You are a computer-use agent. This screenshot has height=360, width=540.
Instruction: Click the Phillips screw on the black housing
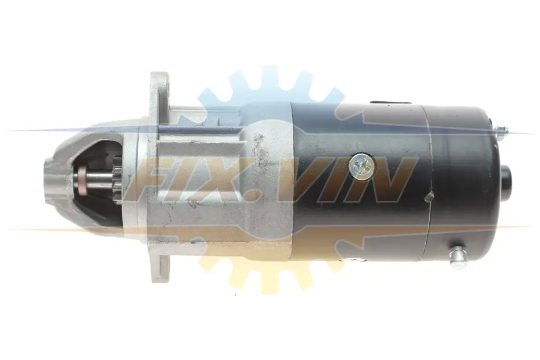pos(362,165)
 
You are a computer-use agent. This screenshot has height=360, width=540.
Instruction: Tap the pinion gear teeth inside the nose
pos(118,180)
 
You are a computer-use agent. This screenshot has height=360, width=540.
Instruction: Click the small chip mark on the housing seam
pos(429,197)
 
